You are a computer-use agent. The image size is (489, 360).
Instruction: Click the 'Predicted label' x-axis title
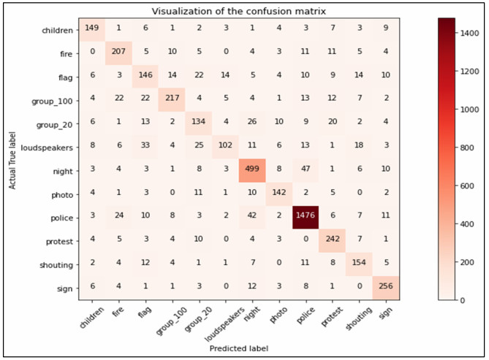(238, 348)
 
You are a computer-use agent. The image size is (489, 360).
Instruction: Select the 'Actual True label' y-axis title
(12, 158)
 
